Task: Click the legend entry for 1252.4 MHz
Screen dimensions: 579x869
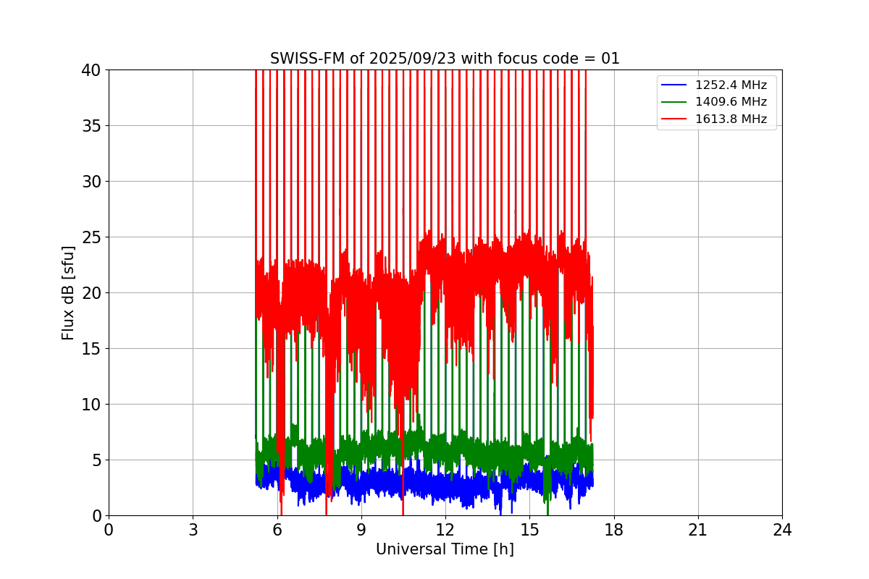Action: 731,85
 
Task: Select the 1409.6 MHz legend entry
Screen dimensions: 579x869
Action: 731,102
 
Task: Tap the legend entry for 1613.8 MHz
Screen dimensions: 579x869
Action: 731,119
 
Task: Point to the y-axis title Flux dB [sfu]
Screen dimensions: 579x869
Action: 68,292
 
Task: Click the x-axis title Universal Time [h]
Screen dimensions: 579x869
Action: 445,549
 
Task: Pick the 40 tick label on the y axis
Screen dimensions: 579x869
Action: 91,70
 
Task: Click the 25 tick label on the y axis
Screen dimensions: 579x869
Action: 91,237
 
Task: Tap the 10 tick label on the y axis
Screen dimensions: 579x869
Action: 91,405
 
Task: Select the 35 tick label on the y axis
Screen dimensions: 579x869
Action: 91,126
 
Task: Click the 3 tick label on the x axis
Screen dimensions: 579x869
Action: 193,530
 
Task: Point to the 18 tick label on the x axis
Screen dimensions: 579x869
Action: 613,530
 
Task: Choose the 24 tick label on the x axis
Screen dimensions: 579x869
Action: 782,530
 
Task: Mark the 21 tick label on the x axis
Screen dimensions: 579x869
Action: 698,530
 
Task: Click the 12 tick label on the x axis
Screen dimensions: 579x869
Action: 445,530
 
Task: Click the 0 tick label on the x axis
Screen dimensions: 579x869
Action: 109,530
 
